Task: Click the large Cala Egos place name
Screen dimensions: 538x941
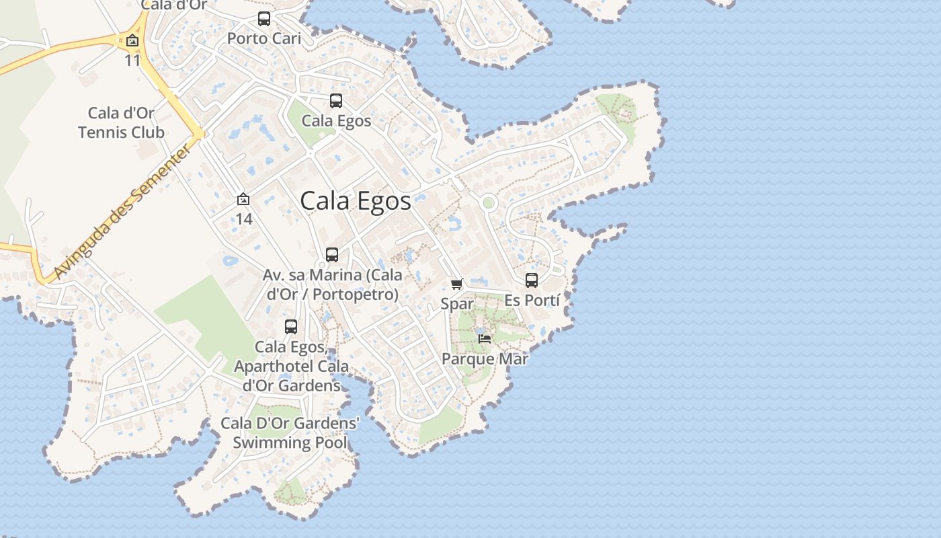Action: click(355, 201)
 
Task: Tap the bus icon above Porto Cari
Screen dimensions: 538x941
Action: click(264, 19)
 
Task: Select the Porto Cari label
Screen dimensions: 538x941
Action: click(264, 38)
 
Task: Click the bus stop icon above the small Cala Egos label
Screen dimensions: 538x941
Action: click(336, 101)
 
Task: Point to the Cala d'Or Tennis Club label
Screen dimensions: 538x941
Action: click(121, 122)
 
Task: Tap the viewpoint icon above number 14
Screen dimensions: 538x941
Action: click(243, 200)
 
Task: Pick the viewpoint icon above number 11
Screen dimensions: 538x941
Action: click(132, 40)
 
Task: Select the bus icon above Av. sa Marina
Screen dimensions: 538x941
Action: click(332, 255)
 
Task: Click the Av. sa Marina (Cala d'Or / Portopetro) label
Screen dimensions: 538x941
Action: click(333, 284)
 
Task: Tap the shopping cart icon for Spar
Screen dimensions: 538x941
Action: click(457, 284)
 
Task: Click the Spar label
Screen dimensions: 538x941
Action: click(457, 304)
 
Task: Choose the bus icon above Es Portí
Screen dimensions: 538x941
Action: click(532, 280)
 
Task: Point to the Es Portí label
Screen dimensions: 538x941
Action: click(532, 300)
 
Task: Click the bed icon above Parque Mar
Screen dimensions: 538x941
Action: click(485, 338)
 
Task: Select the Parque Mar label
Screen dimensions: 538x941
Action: click(485, 358)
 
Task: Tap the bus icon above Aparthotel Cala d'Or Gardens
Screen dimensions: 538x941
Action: click(291, 327)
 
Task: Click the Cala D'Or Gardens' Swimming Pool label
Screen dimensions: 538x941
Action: click(290, 433)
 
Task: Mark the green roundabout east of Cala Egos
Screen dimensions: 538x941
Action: click(489, 202)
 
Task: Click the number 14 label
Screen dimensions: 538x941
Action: click(243, 219)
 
